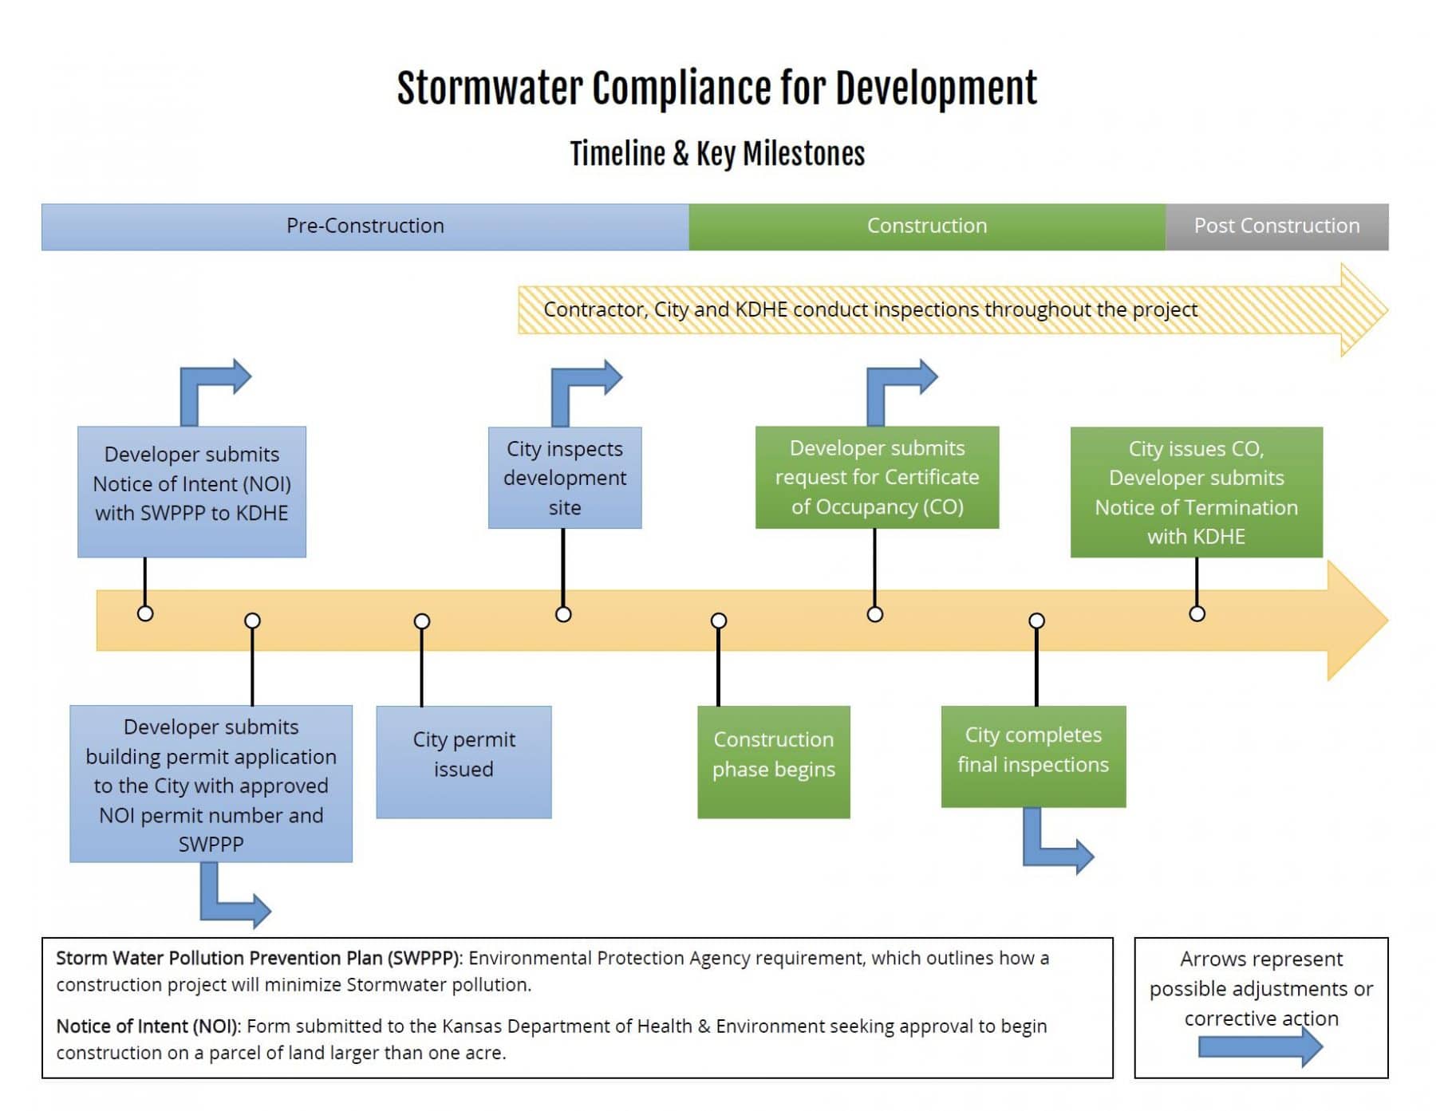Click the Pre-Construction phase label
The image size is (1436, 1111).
pos(365,226)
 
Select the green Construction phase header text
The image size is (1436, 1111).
pos(927,226)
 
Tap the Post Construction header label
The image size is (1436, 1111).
pos(1276,226)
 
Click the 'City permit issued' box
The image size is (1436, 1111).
pos(464,762)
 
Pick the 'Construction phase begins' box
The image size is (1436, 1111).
pos(773,762)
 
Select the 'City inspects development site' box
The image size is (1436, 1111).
pos(565,478)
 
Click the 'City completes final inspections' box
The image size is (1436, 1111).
pos(1033,756)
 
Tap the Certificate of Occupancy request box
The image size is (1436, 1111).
pos(877,477)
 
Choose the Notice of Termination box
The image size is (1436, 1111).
pos(1196,491)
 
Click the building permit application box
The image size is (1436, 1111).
pos(211,783)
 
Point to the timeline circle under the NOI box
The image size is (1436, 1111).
pos(145,613)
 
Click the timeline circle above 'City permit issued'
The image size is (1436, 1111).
pos(422,621)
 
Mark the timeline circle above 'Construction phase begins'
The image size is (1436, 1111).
pos(719,621)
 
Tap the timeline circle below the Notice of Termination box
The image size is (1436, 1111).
pos(1197,613)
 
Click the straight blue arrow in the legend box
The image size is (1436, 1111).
pos(1260,1046)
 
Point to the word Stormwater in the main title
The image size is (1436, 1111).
pos(490,88)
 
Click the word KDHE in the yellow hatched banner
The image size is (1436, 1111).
pos(761,309)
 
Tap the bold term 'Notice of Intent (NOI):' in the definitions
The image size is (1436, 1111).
pos(148,1026)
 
